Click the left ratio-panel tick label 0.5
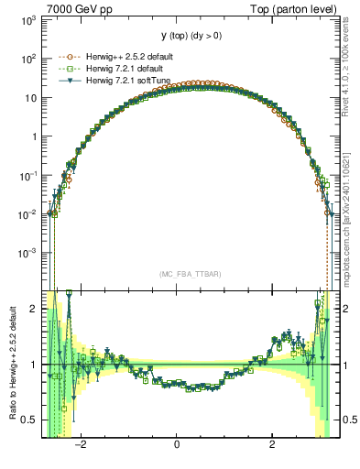(x=29, y=420)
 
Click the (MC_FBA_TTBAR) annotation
(x=187, y=274)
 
